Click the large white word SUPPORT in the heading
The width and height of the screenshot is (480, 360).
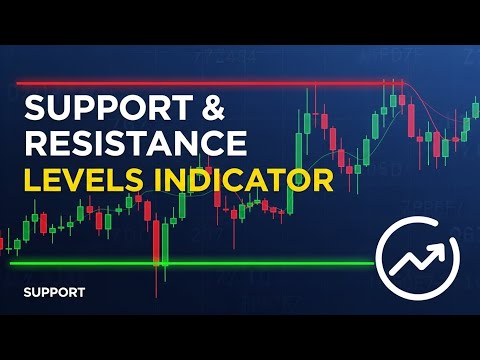[94, 108]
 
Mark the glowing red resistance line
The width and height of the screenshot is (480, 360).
[200, 83]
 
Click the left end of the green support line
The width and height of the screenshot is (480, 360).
[12, 264]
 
